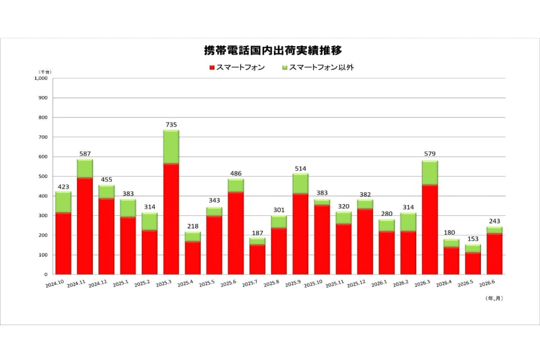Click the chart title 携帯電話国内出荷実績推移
273,50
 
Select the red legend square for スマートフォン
212,67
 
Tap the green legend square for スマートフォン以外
285,67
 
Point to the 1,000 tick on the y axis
41,78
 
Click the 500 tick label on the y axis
43,177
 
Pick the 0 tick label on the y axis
46,274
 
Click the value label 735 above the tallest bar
171,125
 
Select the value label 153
473,239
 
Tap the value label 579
430,154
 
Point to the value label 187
257,233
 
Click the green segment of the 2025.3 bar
171,147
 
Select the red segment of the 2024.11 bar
85,226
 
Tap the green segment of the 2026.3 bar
430,173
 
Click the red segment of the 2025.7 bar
257,260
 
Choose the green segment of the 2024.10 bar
64,202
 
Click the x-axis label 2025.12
357,283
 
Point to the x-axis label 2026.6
487,283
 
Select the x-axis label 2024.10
55,283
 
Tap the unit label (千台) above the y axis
44,72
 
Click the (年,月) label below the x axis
494,298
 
